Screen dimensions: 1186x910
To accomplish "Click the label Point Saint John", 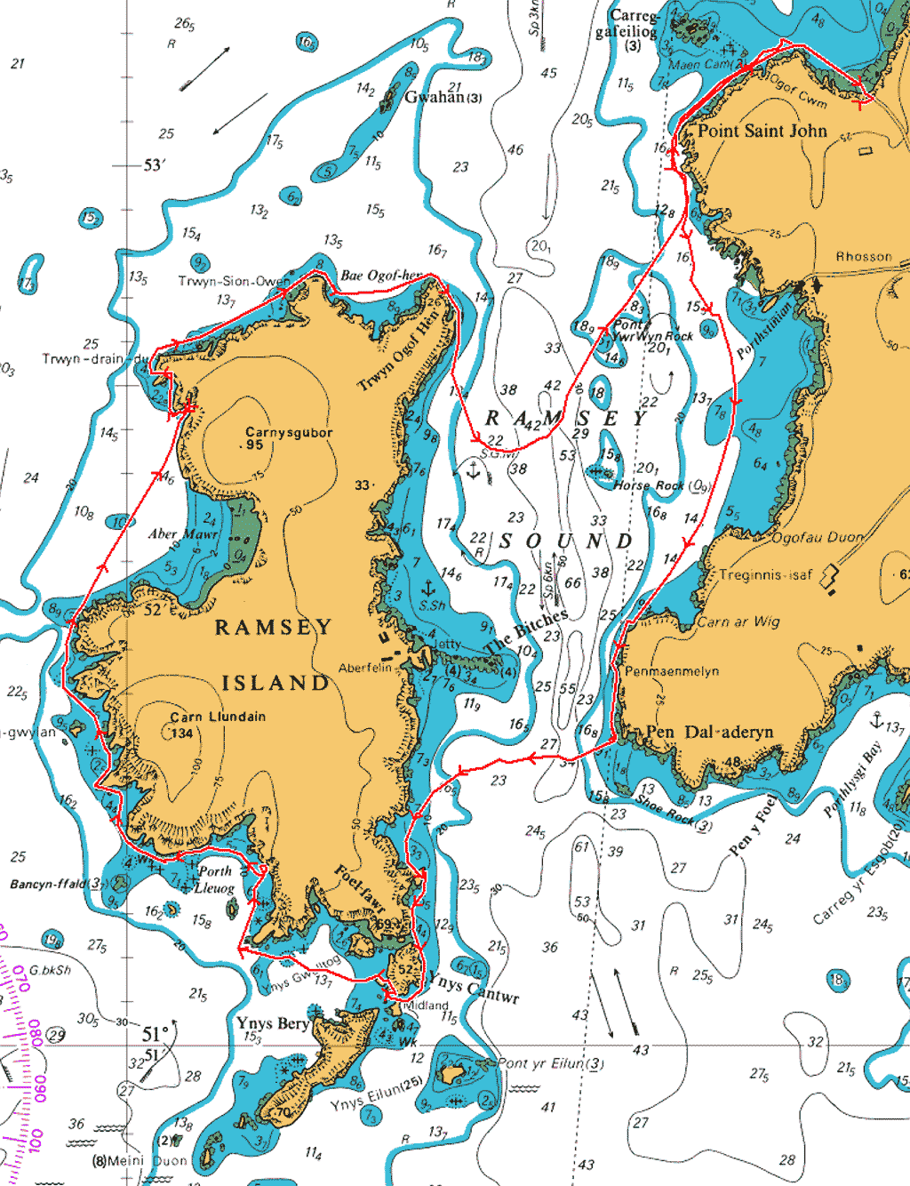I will pyautogui.click(x=762, y=132).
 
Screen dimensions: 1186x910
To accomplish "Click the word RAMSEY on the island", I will pyautogui.click(x=273, y=628).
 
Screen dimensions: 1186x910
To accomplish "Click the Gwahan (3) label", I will pyautogui.click(x=443, y=97).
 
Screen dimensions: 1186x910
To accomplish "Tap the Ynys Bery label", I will pyautogui.click(x=272, y=1023).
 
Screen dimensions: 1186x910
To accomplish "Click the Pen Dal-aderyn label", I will pyautogui.click(x=709, y=732).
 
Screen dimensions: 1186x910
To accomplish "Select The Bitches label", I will pyautogui.click(x=527, y=631).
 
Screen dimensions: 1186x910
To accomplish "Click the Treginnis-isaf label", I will pyautogui.click(x=765, y=575).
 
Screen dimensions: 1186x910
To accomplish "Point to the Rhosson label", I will pyautogui.click(x=863, y=257).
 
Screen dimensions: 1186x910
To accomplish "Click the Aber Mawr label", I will pyautogui.click(x=182, y=534).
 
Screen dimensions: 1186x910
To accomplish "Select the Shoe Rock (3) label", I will pyautogui.click(x=674, y=812).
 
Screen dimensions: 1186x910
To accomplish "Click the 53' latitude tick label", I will pyautogui.click(x=154, y=165).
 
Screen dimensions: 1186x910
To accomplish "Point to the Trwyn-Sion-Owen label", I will pyautogui.click(x=234, y=281).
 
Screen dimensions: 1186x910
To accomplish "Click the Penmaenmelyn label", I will pyautogui.click(x=672, y=671).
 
